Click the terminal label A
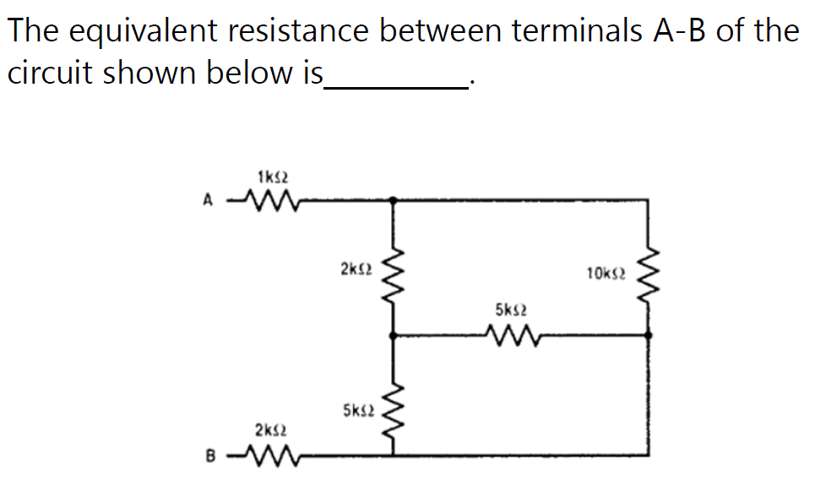[x=204, y=201]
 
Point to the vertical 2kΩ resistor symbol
[x=394, y=273]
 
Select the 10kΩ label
[x=605, y=272]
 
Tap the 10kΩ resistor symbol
[x=649, y=273]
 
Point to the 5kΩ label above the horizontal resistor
[x=512, y=310]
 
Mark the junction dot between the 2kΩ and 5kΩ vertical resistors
[x=394, y=336]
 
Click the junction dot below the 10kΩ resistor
[x=649, y=336]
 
